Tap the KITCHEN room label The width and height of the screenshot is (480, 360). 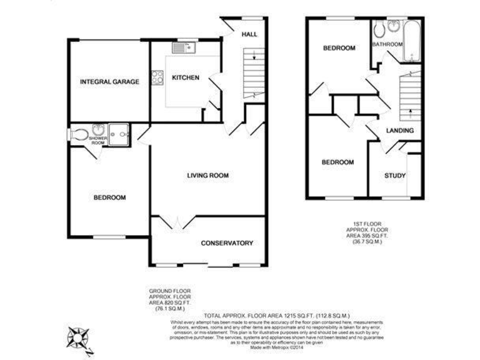point(186,77)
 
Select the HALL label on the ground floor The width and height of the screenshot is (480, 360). point(249,34)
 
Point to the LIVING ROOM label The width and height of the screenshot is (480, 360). point(207,176)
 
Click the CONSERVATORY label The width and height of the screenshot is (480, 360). point(227,243)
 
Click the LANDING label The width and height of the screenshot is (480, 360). point(399,131)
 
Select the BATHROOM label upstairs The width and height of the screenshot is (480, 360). point(387,45)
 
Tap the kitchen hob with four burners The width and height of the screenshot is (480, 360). point(157,77)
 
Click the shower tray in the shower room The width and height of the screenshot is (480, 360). point(118,132)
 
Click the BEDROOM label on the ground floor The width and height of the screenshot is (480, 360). point(109,197)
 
